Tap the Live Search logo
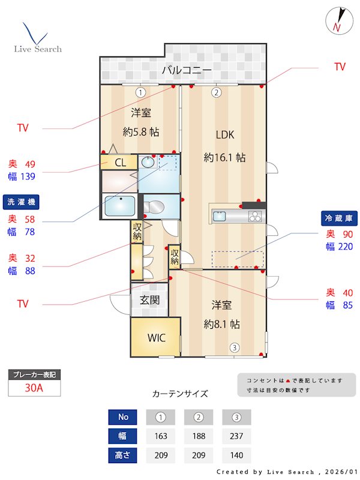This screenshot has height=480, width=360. [x=37, y=38]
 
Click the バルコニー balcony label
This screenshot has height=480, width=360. [x=186, y=71]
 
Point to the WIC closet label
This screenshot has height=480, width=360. [x=157, y=337]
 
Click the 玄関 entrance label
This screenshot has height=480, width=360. [x=149, y=300]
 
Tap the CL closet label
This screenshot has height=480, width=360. [x=120, y=162]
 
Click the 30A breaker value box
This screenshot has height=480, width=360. [x=34, y=388]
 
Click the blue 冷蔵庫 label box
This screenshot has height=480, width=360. [x=339, y=218]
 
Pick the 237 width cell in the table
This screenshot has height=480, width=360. [x=236, y=436]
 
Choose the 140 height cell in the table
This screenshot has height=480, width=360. [x=236, y=455]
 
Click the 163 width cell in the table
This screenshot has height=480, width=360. [x=160, y=436]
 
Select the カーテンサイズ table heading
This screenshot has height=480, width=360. [x=180, y=394]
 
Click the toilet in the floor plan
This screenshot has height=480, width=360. [x=154, y=207]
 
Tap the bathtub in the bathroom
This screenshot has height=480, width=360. [x=119, y=205]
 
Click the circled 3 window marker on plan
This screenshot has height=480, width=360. [x=235, y=347]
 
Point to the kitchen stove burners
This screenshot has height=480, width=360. [x=254, y=217]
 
